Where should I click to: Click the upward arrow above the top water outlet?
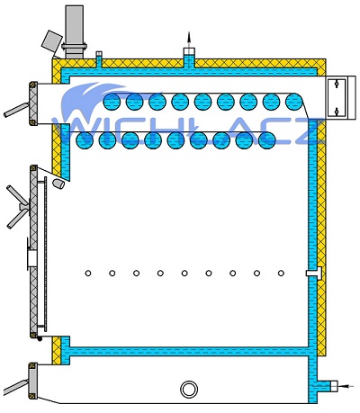coord(189,40)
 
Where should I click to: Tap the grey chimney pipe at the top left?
coord(74,31)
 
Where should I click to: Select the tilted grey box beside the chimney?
coord(52,40)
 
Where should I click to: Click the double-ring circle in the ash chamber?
coord(189,390)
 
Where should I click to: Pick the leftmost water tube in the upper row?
coord(112,102)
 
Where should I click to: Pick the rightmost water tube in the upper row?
coord(294,102)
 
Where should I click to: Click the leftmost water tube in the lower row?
coord(85,140)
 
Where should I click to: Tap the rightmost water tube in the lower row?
coord(266,140)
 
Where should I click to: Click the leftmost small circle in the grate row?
coord(88,274)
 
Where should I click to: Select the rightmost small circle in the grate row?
coord(281,274)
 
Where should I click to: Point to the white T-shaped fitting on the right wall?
coord(314,273)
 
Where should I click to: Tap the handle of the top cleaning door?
coord(16,110)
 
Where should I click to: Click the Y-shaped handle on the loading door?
coord(18,207)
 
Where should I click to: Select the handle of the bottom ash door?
coord(16,387)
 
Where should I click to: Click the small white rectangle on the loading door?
coord(32,258)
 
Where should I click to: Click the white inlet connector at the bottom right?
coord(334,386)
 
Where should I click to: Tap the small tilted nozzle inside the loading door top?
coord(58,184)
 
